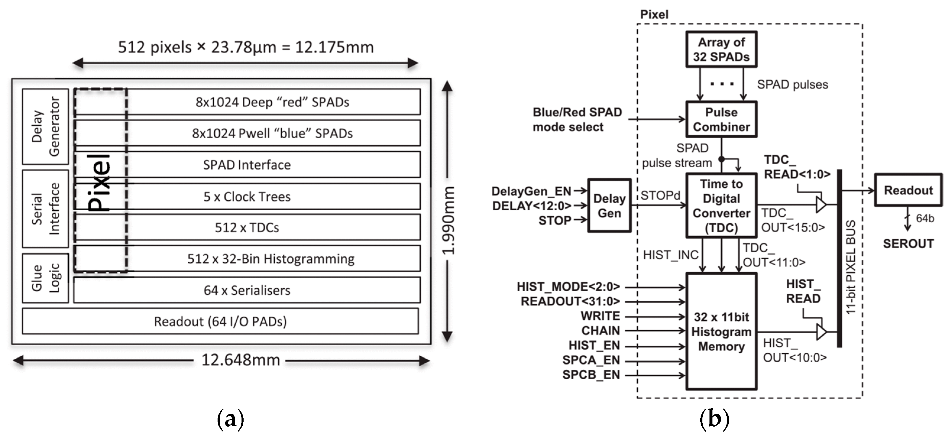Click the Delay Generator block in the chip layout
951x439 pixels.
pyautogui.click(x=46, y=126)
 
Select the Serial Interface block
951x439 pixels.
pyautogui.click(x=46, y=209)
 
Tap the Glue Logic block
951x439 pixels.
pyautogui.click(x=46, y=278)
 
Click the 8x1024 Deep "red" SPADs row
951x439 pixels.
pyautogui.click(x=273, y=102)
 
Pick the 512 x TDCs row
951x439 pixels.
pyautogui.click(x=247, y=227)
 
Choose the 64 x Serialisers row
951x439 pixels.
pyautogui.click(x=247, y=290)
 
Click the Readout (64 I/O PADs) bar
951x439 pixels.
pyautogui.click(x=221, y=321)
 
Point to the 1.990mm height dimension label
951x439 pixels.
pyautogui.click(x=448, y=220)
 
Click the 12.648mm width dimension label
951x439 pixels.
pyautogui.click(x=240, y=360)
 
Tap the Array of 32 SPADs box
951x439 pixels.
pyautogui.click(x=721, y=49)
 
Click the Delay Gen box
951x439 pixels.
pyautogui.click(x=609, y=206)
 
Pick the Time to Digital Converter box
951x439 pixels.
pyautogui.click(x=721, y=206)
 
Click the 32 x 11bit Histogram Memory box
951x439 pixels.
pyautogui.click(x=721, y=331)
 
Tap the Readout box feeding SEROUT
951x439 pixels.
pyautogui.click(x=908, y=190)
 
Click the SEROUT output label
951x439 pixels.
pyautogui.click(x=908, y=244)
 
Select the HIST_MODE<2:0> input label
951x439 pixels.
pyautogui.click(x=568, y=287)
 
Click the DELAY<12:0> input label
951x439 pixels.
pyautogui.click(x=531, y=206)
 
